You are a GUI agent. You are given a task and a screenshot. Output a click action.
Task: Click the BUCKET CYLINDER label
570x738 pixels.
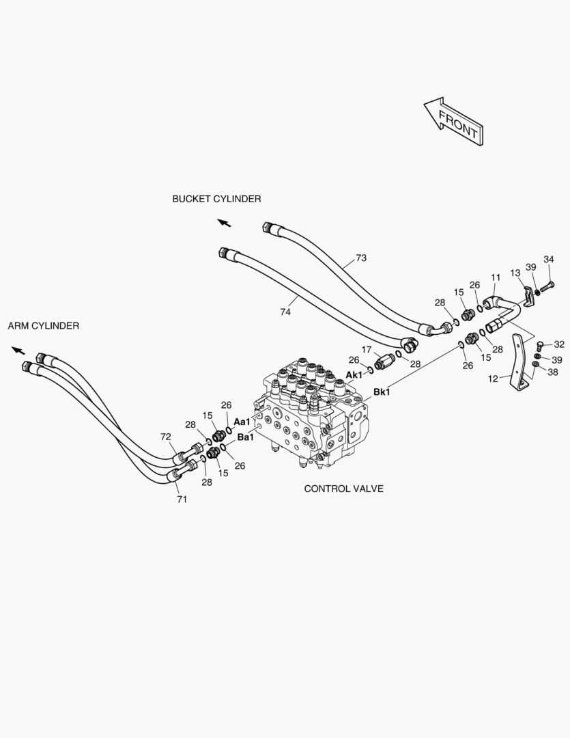216,199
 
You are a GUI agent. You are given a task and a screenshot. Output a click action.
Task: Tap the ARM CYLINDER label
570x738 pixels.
43,326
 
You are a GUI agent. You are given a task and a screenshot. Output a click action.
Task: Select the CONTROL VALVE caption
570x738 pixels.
344,489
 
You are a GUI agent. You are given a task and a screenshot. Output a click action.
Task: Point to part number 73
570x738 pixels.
360,258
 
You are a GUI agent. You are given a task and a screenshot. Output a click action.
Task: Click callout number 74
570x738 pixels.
285,312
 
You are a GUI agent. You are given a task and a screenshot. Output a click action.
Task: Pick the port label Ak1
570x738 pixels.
354,374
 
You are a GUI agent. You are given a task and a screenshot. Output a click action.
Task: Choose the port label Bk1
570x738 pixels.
382,392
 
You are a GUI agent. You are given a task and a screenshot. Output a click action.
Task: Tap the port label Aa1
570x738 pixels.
242,422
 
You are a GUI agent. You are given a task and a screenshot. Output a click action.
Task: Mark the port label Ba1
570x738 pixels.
246,437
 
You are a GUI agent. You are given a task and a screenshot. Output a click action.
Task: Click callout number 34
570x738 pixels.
549,260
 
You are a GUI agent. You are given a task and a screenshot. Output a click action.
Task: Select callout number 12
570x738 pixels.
493,379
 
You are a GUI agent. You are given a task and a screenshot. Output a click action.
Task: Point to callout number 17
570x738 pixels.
367,350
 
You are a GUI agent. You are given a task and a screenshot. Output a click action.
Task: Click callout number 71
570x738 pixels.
182,500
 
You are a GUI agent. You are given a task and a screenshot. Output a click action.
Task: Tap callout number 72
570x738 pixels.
166,437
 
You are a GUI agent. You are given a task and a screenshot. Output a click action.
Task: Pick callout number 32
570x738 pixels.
559,344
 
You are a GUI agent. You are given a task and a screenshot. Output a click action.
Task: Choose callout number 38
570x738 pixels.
553,372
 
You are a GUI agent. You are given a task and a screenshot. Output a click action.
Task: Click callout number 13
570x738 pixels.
515,273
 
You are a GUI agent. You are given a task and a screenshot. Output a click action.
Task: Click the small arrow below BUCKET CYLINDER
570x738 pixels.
225,223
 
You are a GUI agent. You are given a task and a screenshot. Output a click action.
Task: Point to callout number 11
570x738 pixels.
496,277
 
